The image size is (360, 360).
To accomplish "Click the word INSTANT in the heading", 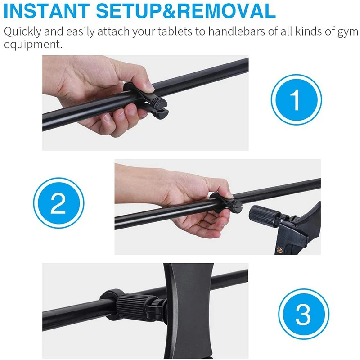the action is pyautogui.click(x=47, y=11).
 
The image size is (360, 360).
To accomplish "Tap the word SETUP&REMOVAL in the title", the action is pyautogui.click(x=186, y=11).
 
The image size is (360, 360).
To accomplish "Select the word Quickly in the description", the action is pyautogui.click(x=22, y=31).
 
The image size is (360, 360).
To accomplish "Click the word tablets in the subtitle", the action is pyautogui.click(x=175, y=31).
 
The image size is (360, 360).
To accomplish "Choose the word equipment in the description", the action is pyautogui.click(x=33, y=44).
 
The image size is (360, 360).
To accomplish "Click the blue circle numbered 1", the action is pyautogui.click(x=297, y=99).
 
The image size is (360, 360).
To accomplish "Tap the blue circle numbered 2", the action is pyautogui.click(x=58, y=203).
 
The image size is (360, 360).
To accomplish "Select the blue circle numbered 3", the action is pyautogui.click(x=303, y=314).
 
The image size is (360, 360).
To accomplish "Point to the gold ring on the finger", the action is pyautogui.click(x=198, y=223).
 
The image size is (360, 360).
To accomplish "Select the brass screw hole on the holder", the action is pyautogui.click(x=279, y=249).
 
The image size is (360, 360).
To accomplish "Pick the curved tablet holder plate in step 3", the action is pyautogui.click(x=190, y=311).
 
